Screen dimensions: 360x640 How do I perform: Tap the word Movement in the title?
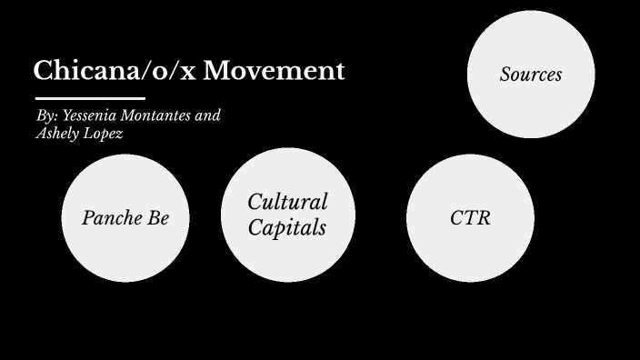click(x=274, y=71)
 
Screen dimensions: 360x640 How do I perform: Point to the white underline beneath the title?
click(x=90, y=97)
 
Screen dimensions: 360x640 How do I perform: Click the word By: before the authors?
click(x=46, y=116)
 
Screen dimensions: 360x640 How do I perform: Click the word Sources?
click(x=531, y=75)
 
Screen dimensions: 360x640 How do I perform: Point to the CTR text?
click(x=470, y=218)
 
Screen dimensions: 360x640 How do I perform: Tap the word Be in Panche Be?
click(x=157, y=218)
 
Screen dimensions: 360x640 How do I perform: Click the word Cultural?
click(x=287, y=202)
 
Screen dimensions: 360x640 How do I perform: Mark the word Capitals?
click(x=287, y=227)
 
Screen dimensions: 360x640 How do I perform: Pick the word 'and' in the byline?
click(x=208, y=116)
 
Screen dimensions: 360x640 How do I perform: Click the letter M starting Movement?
click(x=215, y=71)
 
